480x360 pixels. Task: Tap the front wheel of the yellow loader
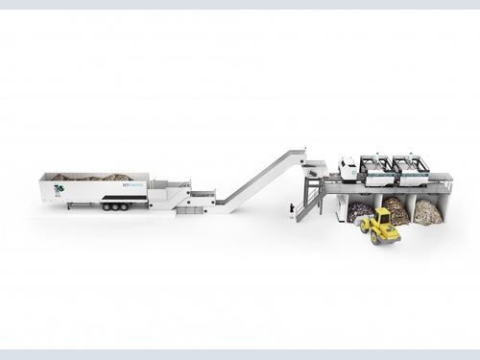(x=369, y=233)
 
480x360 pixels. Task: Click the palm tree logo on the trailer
(x=60, y=190)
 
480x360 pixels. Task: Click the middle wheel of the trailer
(x=113, y=206)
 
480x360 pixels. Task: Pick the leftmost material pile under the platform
(x=359, y=211)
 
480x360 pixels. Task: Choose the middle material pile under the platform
(x=396, y=209)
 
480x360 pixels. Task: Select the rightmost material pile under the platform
(x=428, y=211)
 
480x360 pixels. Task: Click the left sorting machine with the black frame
(x=376, y=169)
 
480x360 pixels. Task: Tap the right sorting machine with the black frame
(x=413, y=169)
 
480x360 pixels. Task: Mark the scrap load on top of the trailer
(x=91, y=178)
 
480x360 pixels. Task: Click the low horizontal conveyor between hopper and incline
(x=202, y=200)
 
